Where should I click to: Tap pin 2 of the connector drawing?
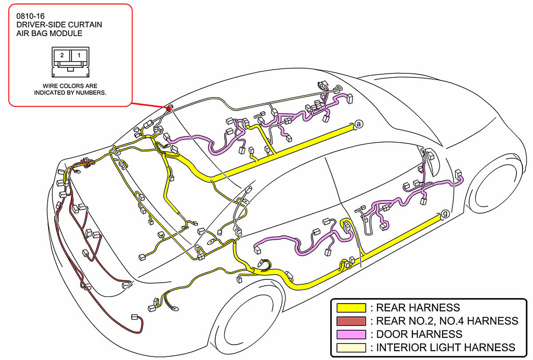coord(62,56)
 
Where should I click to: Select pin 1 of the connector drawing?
coord(79,56)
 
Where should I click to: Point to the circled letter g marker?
coord(445,215)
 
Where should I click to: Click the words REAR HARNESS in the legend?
coord(418,308)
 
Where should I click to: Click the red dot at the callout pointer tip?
coord(169,108)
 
